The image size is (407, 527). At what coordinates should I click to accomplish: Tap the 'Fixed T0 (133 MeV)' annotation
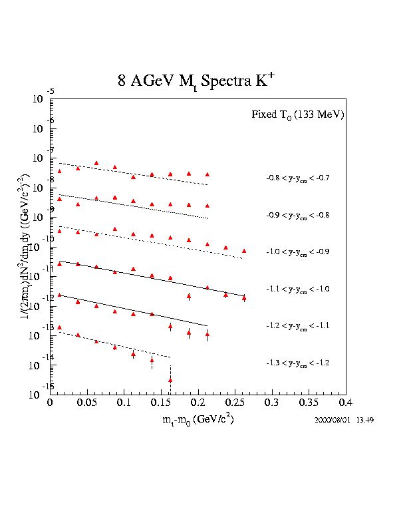click(297, 114)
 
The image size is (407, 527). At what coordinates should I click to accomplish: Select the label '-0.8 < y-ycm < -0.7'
click(297, 178)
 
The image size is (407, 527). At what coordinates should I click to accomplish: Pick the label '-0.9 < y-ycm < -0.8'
click(297, 216)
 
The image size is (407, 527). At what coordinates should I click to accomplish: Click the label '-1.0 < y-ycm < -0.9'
click(297, 252)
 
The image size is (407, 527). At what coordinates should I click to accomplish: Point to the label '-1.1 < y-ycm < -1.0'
click(297, 289)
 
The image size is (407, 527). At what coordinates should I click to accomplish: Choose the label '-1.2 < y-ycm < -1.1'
click(297, 326)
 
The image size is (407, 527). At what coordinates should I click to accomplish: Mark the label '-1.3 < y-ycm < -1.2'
click(297, 363)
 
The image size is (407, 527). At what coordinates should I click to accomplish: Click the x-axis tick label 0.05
click(87, 403)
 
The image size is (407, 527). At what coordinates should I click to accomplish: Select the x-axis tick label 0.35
click(308, 403)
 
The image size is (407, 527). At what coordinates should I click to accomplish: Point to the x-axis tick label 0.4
click(345, 403)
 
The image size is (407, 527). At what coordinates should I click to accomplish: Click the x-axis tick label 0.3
click(271, 403)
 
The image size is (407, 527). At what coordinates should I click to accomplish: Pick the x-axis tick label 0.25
click(234, 403)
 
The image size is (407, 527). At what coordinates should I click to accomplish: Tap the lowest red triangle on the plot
click(170, 380)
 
